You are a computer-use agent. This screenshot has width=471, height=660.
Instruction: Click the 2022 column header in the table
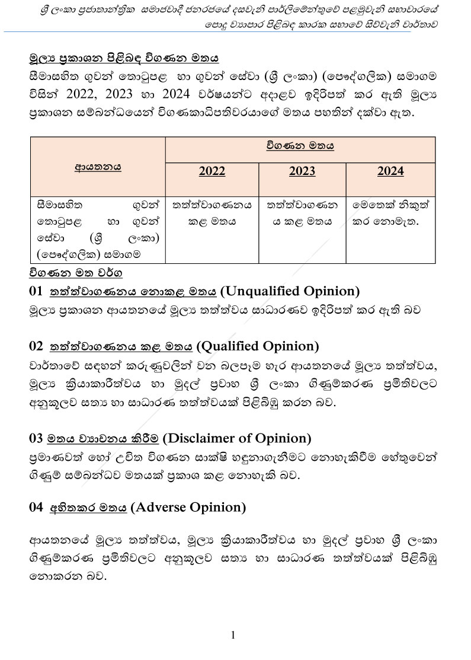(212, 171)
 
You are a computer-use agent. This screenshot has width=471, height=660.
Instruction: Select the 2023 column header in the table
(302, 171)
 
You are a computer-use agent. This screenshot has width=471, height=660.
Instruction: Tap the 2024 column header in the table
(390, 171)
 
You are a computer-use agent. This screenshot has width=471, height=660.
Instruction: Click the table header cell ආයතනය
(98, 167)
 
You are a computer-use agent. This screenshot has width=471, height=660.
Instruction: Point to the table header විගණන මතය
(300, 146)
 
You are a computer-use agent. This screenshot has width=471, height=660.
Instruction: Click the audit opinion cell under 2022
(212, 213)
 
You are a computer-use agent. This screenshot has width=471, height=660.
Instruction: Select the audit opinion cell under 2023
(302, 213)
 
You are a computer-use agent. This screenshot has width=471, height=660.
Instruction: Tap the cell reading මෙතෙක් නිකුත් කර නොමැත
(390, 213)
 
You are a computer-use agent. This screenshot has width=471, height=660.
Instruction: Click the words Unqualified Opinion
(290, 291)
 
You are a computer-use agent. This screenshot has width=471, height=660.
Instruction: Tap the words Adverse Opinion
(187, 507)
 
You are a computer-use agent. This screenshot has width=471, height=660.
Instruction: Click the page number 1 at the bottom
(233, 635)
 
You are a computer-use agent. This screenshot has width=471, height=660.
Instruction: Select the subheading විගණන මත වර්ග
(75, 273)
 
